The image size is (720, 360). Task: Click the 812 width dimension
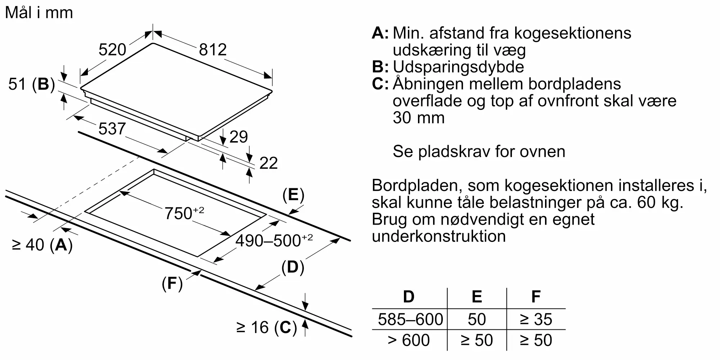(213, 50)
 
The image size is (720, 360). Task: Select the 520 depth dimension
(112, 50)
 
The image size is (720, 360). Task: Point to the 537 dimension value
(112, 129)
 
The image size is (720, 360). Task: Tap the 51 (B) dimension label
(32, 84)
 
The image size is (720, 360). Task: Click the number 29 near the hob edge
(238, 137)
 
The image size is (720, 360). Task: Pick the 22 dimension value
(268, 163)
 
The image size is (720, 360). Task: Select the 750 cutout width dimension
(184, 213)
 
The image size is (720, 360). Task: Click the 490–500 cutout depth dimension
(274, 240)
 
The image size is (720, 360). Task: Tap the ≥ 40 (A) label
(42, 245)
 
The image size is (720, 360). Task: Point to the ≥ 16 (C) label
(266, 328)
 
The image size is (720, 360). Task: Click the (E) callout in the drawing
(293, 195)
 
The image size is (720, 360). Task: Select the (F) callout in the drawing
(172, 284)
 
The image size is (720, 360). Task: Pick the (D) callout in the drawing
(293, 267)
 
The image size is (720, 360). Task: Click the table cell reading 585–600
(410, 319)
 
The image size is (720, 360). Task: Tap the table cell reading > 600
(409, 340)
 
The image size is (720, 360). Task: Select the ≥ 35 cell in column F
(536, 319)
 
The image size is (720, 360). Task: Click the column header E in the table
(477, 297)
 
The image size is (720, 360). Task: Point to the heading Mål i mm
(39, 13)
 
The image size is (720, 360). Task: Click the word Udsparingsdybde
(458, 67)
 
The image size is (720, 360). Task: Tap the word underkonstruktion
(439, 236)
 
